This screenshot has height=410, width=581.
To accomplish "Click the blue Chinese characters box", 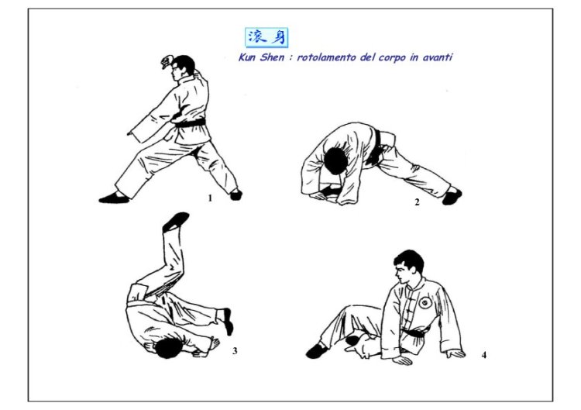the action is [266, 38].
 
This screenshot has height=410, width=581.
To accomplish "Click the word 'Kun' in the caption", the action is [248, 57].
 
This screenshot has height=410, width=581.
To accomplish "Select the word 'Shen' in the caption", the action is [272, 57].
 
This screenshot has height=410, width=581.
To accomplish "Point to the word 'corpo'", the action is [392, 58].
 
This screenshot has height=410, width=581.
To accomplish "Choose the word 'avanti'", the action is [438, 57].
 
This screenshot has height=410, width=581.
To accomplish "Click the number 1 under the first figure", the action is [210, 198].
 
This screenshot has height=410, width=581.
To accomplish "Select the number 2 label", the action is [418, 202].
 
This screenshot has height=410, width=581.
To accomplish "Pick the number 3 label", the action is [235, 350].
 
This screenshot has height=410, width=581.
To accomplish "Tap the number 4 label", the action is [484, 355].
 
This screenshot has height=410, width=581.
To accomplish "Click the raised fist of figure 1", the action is [167, 61].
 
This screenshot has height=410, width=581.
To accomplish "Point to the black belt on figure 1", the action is [191, 123].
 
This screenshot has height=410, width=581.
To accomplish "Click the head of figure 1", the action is [182, 67].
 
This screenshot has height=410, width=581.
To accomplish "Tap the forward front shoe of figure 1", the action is [114, 198].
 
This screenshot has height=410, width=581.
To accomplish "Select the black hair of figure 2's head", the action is [335, 161].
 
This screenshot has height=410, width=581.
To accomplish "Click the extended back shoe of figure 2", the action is [452, 196].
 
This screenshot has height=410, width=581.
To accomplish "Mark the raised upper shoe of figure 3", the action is [176, 221].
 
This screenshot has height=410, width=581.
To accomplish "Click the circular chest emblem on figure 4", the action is [425, 302].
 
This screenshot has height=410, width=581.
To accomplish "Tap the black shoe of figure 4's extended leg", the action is [316, 350].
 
